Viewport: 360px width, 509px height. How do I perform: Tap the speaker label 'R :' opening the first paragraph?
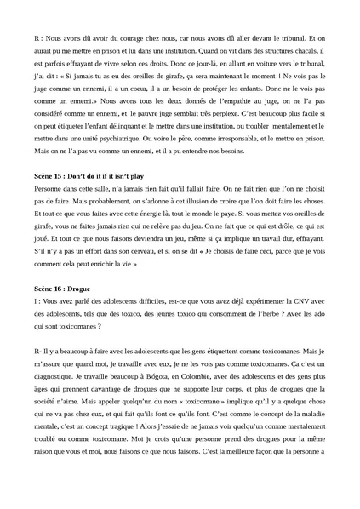tap(37, 38)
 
